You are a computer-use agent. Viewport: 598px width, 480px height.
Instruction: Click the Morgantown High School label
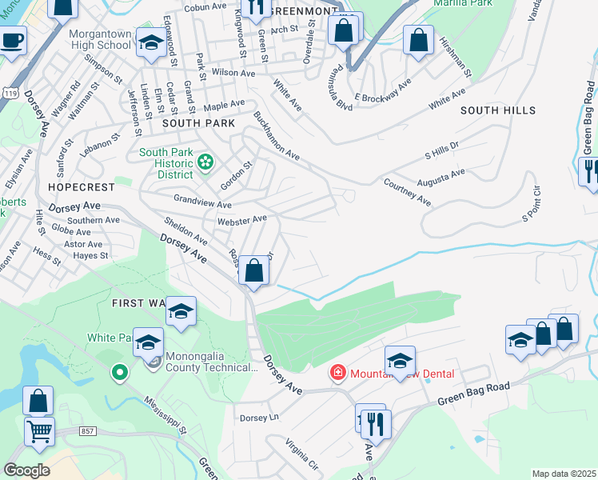(100, 39)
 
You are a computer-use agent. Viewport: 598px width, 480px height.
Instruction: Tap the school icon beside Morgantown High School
(149, 44)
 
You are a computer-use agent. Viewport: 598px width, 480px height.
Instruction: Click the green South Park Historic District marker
(205, 163)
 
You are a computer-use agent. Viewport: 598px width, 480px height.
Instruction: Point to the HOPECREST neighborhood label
(81, 186)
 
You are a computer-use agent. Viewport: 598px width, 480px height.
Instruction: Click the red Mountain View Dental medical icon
(338, 374)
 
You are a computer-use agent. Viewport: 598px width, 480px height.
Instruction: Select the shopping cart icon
(39, 432)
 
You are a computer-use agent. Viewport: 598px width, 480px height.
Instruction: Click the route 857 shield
(88, 431)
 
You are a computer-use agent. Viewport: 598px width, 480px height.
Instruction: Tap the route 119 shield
(7, 93)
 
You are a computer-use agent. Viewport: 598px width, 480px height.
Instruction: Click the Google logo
(27, 470)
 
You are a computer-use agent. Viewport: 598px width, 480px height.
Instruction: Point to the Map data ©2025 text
(564, 474)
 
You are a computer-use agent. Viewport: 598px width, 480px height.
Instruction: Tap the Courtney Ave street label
(408, 192)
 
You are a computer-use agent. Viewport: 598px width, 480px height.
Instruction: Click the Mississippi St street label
(165, 414)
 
